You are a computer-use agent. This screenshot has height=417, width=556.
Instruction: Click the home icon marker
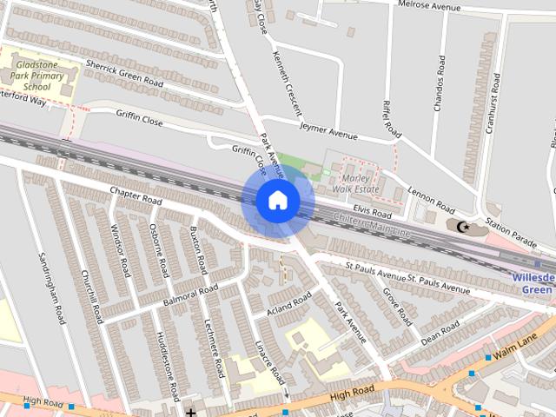[x=277, y=201]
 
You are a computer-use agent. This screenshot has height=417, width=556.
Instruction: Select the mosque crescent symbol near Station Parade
[x=462, y=227]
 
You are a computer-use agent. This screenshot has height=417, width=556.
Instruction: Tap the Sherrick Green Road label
[x=123, y=73]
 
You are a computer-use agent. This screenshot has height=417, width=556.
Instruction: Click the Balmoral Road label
[x=190, y=295]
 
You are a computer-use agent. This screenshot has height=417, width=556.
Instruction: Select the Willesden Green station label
[x=532, y=283]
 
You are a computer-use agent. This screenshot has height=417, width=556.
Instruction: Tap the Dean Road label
[x=440, y=330]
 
